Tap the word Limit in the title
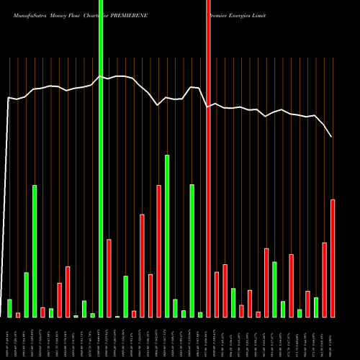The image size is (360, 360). [x=285, y=13]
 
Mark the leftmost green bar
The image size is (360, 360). [x=9, y=308]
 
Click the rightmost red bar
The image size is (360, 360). [x=333, y=258]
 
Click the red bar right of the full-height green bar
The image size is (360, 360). [x=109, y=278]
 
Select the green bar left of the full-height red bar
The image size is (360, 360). [x=200, y=315]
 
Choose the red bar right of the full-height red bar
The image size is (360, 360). [x=217, y=294]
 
